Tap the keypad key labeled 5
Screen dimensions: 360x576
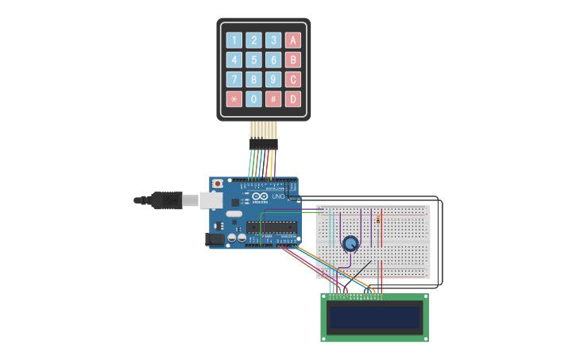click(x=253, y=60)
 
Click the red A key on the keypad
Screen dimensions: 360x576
click(x=293, y=40)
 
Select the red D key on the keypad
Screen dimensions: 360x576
click(x=293, y=99)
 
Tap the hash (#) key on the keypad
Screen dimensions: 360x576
click(x=273, y=99)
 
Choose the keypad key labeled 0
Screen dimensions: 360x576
click(x=253, y=99)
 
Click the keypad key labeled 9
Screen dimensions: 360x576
click(x=273, y=79)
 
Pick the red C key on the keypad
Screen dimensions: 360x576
click(x=293, y=79)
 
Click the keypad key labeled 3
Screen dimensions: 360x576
click(x=273, y=40)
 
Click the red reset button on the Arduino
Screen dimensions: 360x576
click(x=218, y=184)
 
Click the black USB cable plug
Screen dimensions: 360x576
click(x=167, y=200)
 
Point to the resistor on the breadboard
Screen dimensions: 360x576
click(x=378, y=219)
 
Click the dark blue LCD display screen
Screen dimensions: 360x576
click(x=374, y=318)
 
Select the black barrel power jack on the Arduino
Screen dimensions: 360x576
click(x=215, y=238)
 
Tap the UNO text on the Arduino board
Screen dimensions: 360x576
click(x=278, y=196)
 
